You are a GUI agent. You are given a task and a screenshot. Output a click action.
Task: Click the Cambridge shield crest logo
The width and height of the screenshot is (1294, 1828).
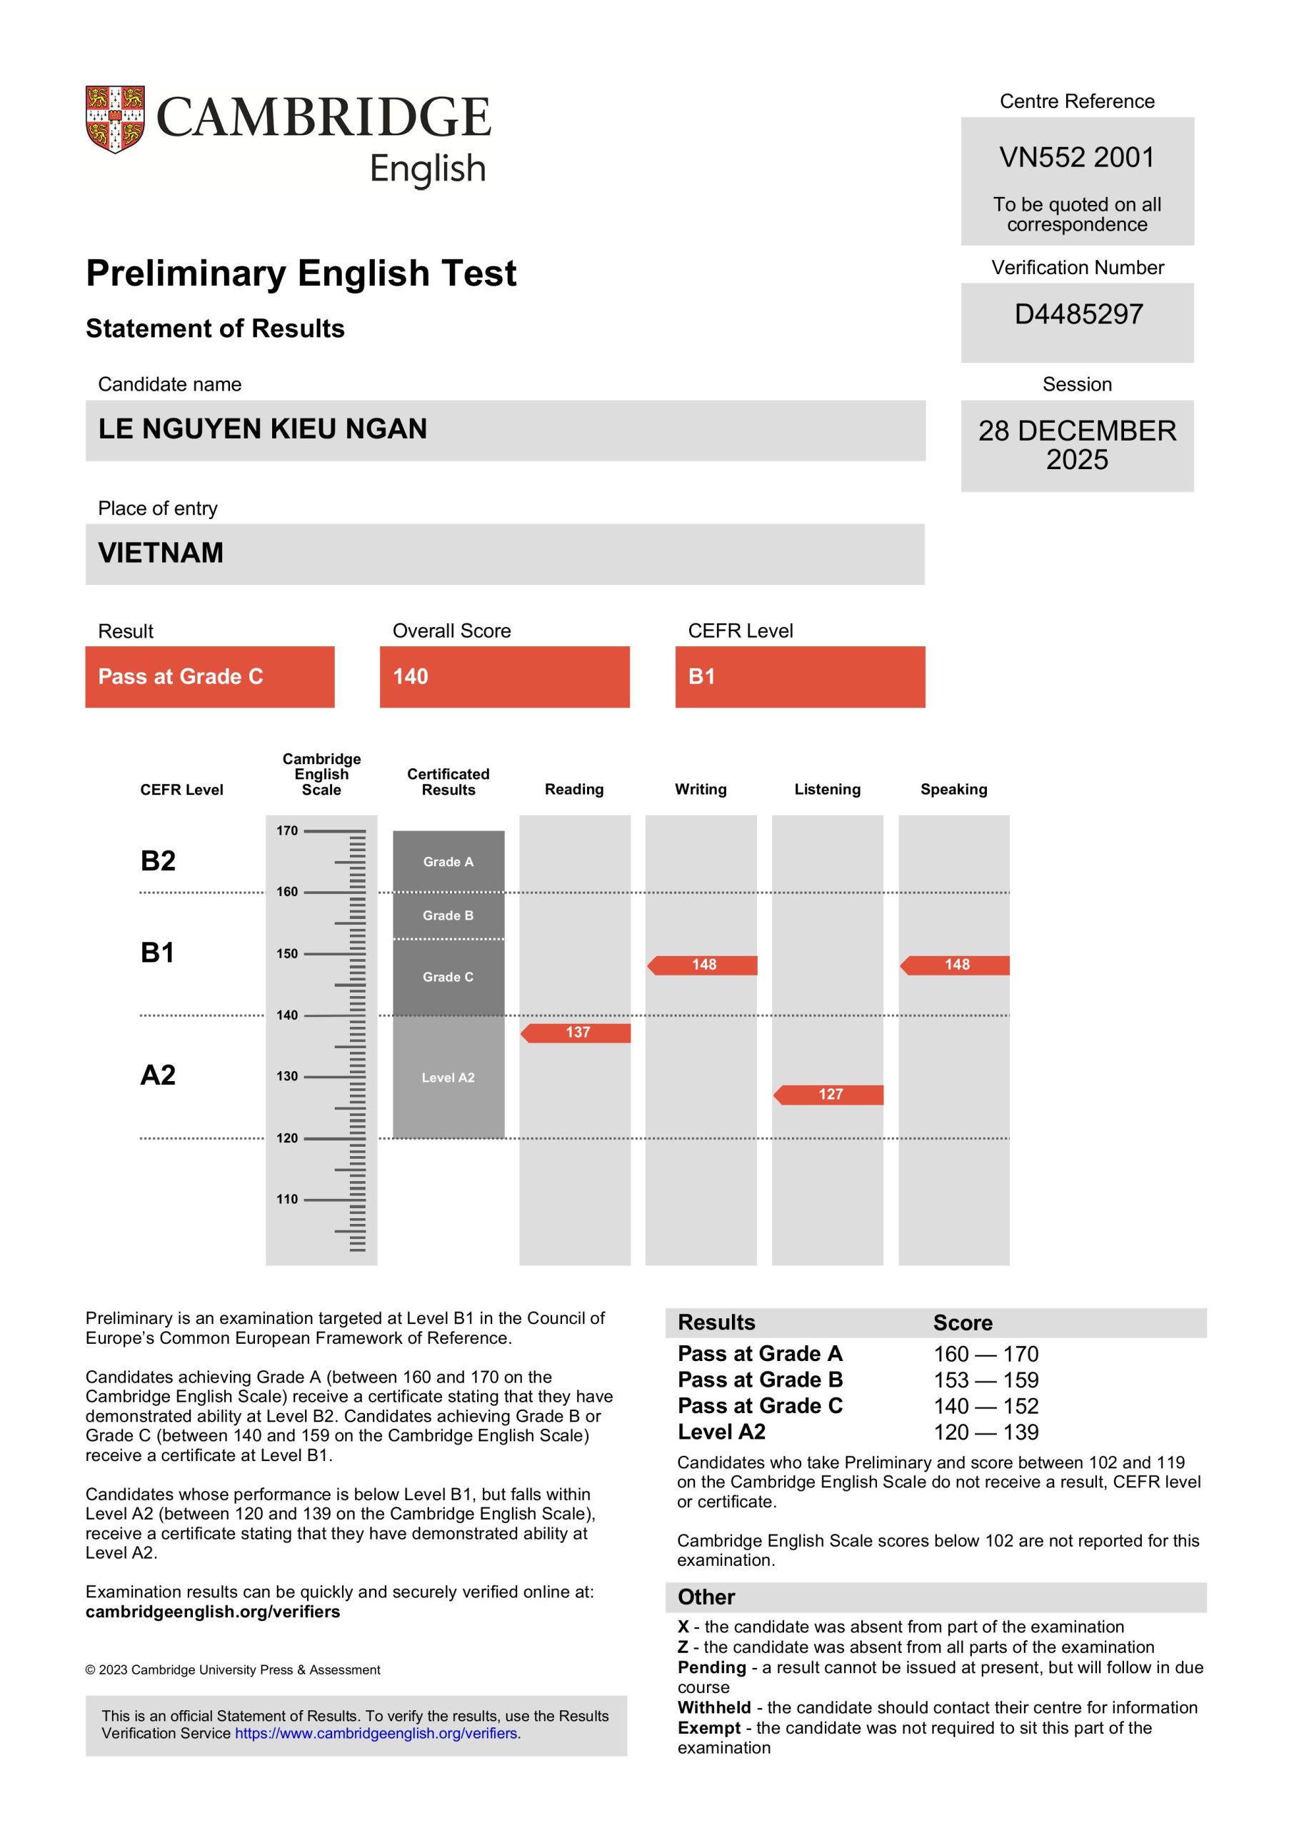click(115, 119)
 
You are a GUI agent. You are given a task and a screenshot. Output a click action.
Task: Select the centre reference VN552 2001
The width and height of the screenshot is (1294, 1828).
click(1076, 158)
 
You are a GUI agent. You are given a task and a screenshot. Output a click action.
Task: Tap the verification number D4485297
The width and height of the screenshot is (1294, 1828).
click(1078, 315)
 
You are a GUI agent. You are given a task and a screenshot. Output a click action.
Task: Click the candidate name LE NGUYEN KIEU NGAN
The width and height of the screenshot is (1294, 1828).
click(262, 429)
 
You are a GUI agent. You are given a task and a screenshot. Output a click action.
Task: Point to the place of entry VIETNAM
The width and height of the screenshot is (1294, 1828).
click(160, 553)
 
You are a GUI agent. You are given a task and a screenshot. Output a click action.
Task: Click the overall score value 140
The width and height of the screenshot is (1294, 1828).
click(411, 676)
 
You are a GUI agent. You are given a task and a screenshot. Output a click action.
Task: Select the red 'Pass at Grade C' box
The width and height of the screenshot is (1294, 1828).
click(209, 676)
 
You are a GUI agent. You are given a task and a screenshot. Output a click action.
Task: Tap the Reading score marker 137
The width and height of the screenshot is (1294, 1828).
click(577, 1033)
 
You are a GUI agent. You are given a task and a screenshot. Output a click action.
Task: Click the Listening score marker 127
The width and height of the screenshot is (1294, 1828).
click(830, 1095)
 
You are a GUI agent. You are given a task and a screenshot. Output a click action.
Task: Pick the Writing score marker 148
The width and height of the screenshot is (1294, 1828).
click(703, 965)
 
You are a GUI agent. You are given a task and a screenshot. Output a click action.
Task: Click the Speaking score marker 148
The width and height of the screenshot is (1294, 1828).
click(956, 965)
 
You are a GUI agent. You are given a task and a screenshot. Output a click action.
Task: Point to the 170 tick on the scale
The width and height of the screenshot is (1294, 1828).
click(287, 830)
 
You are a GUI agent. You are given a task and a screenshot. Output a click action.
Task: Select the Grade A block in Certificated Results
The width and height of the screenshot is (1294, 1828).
click(448, 862)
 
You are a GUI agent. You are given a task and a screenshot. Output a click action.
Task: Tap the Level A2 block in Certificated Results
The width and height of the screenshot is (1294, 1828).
click(448, 1078)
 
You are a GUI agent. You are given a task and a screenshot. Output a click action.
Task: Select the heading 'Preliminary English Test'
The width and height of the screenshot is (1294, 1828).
click(301, 273)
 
